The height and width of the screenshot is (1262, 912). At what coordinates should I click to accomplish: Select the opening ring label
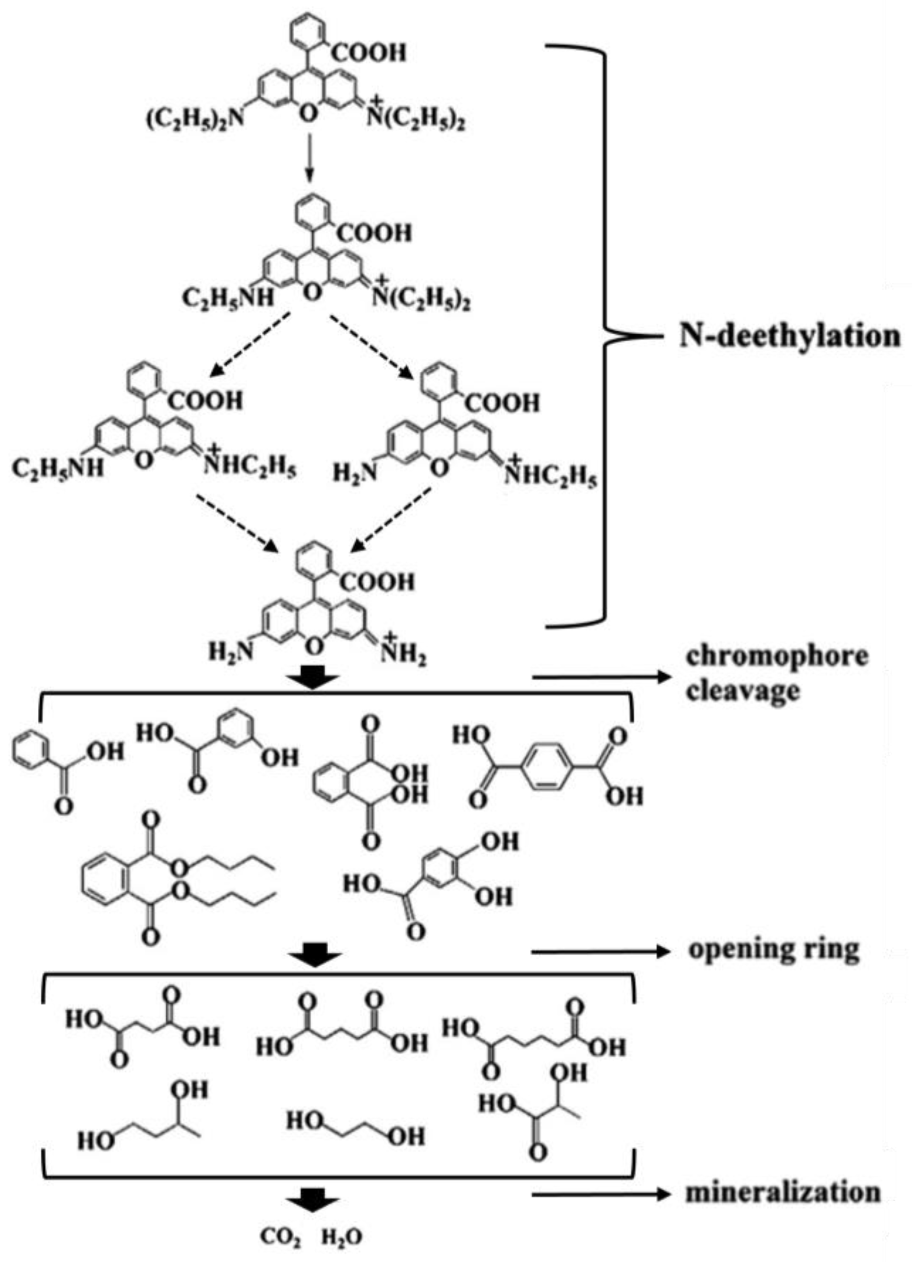[774, 951]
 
